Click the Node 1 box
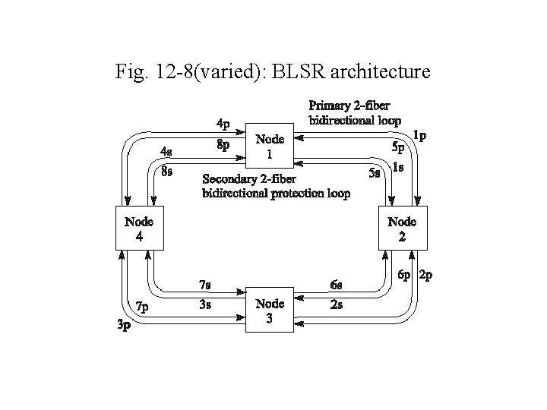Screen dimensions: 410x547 click(270, 147)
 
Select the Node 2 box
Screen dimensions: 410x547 click(402, 229)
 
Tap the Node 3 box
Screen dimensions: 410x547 click(270, 311)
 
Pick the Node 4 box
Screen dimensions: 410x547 click(138, 229)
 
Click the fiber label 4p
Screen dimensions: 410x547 click(224, 123)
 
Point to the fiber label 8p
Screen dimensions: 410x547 click(224, 145)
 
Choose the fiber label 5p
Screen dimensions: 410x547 click(398, 146)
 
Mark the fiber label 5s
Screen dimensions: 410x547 click(374, 172)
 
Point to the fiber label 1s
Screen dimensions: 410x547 click(397, 167)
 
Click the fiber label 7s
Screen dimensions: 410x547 click(204, 285)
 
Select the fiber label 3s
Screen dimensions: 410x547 click(204, 305)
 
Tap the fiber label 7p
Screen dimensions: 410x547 click(142, 307)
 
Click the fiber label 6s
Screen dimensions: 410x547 click(337, 285)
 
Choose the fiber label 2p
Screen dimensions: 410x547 click(425, 276)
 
